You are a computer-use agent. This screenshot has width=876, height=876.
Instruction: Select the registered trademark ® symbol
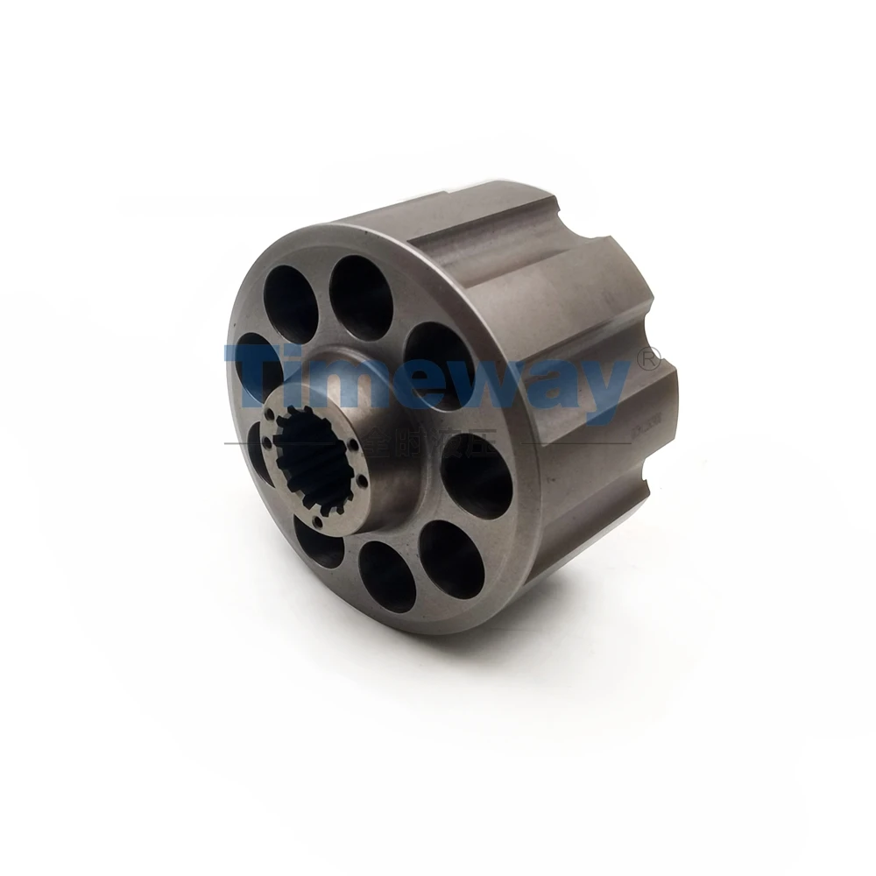[649, 358]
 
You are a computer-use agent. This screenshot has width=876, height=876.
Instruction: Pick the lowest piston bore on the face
[386, 576]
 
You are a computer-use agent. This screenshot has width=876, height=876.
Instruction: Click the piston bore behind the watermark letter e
[439, 364]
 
